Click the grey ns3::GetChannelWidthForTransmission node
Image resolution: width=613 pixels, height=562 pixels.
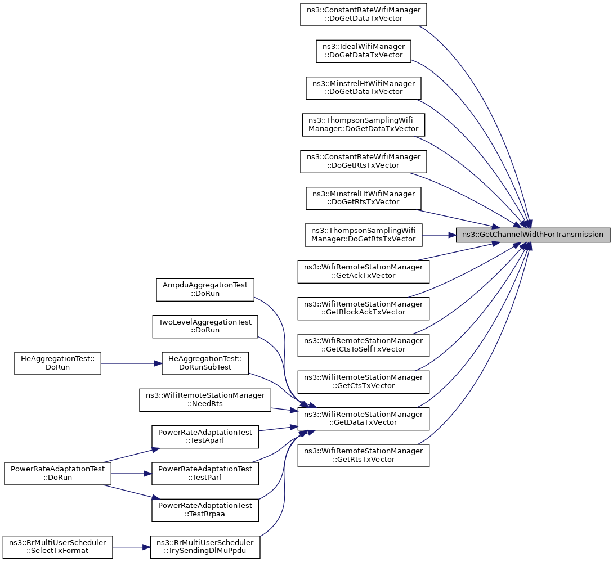click(533, 235)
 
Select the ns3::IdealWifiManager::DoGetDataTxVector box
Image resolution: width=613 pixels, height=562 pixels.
click(364, 51)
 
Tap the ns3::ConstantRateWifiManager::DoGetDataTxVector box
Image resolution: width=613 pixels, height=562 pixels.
click(364, 15)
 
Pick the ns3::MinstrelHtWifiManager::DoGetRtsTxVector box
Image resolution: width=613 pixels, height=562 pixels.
click(364, 198)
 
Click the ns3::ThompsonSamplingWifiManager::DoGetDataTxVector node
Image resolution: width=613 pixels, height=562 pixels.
click(364, 125)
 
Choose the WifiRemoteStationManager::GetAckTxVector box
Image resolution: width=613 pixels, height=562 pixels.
click(364, 272)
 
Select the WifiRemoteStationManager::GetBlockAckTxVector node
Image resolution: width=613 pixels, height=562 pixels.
click(364, 308)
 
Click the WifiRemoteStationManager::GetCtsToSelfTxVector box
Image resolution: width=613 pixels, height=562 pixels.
click(364, 345)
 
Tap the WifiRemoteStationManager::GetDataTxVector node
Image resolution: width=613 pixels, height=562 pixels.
click(364, 419)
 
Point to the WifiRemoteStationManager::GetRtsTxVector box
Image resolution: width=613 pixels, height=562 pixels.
click(364, 455)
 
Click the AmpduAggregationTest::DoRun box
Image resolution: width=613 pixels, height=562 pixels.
click(205, 290)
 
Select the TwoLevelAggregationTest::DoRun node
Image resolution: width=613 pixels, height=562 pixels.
click(205, 326)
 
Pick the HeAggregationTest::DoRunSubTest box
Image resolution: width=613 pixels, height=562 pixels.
click(205, 363)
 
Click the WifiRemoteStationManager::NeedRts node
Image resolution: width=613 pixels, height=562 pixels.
click(205, 400)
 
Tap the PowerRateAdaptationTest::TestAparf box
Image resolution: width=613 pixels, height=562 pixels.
click(205, 437)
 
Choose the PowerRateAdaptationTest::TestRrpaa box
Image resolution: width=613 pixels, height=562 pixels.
click(205, 510)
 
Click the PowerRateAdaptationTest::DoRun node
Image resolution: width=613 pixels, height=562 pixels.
click(58, 473)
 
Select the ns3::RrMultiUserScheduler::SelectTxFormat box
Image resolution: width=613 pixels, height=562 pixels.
click(58, 547)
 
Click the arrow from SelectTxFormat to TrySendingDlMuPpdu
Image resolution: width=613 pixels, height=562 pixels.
click(131, 547)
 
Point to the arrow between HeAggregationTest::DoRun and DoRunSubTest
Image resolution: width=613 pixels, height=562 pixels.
click(131, 363)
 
